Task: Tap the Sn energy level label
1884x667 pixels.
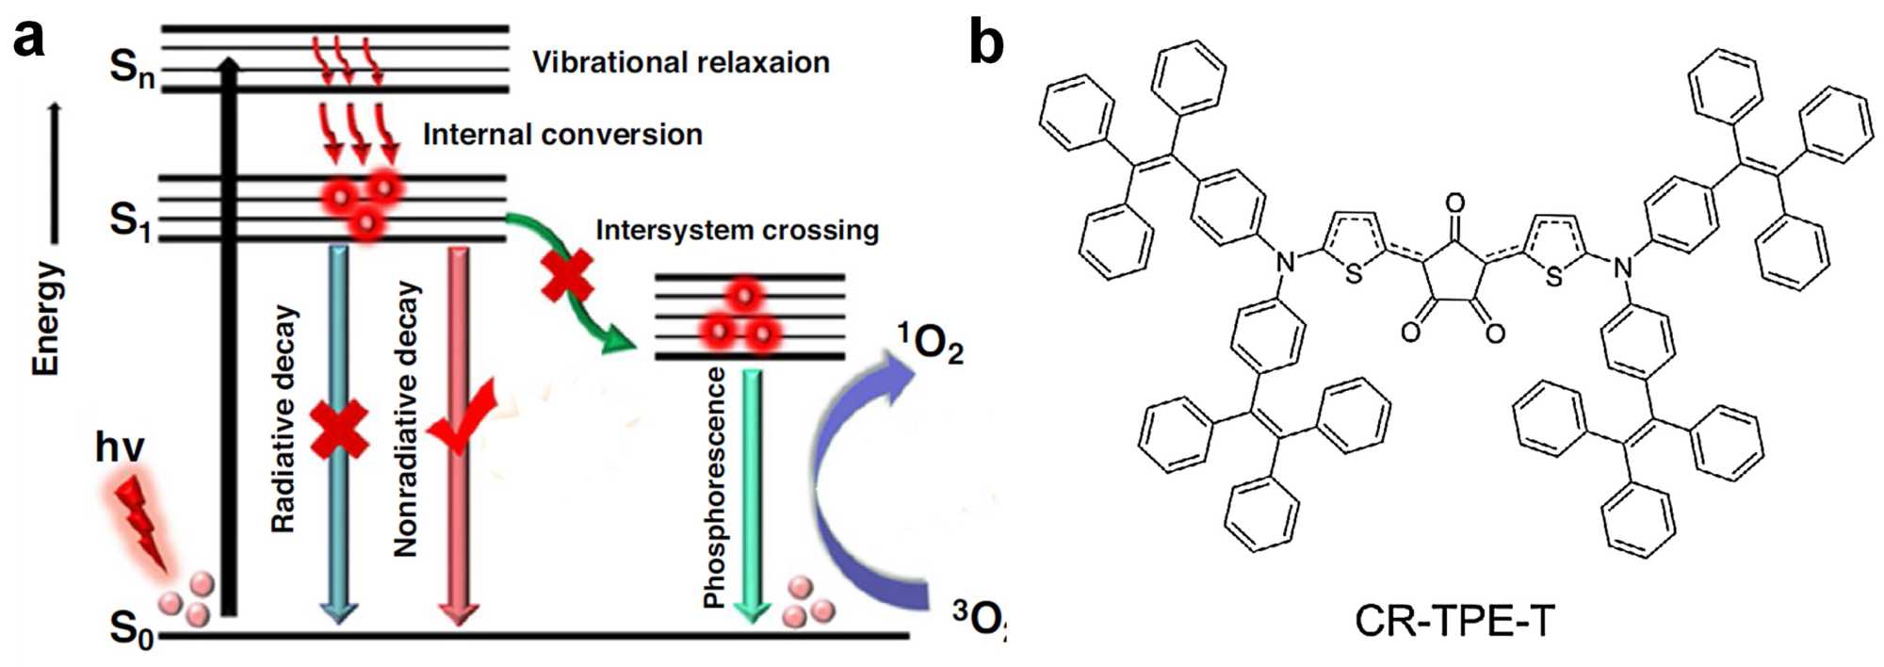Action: pos(132,68)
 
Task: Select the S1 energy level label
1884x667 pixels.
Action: pos(130,220)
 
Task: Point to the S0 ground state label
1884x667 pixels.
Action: pos(131,628)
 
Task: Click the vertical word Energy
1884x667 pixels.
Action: pos(47,318)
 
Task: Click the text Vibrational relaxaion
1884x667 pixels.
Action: pos(680,62)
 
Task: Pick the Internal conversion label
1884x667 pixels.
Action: pos(562,134)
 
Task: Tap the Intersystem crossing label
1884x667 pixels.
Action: pos(737,230)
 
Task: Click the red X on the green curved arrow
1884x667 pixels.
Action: pos(567,275)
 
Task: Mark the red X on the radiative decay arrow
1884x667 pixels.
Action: pos(339,430)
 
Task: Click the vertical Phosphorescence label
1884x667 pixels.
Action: pos(716,488)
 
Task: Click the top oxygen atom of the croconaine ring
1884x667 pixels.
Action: pos(1455,203)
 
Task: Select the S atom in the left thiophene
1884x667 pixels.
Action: pos(1354,274)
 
